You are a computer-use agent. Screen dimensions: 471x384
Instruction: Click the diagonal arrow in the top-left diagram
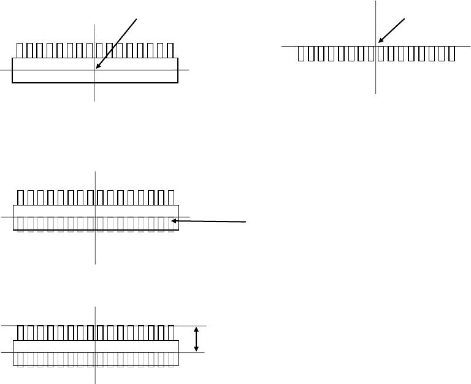(x=117, y=44)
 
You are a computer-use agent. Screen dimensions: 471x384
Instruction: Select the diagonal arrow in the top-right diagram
(x=392, y=31)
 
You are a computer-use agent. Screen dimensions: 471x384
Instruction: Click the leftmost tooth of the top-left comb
(x=20, y=50)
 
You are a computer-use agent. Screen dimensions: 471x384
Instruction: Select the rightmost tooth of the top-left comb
(x=169, y=50)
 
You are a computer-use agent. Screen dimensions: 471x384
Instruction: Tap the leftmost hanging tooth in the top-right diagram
(x=301, y=53)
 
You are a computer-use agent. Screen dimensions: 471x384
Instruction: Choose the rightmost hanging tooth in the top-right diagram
(x=451, y=53)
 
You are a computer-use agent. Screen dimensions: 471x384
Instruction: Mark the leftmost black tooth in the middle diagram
(x=21, y=198)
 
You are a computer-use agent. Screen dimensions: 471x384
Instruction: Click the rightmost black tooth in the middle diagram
(x=170, y=198)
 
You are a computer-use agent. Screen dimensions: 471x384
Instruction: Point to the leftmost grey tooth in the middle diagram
(x=21, y=224)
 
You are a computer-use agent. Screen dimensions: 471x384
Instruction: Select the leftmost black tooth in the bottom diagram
(x=21, y=333)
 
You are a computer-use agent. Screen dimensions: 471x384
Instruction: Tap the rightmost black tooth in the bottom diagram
(x=170, y=333)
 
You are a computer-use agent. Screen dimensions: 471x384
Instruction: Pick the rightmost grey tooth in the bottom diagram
(x=170, y=359)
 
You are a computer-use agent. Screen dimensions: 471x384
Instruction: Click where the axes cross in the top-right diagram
(x=375, y=45)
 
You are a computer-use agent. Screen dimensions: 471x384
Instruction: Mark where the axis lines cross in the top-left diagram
(x=94, y=70)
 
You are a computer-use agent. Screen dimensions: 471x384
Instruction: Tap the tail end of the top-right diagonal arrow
(x=405, y=18)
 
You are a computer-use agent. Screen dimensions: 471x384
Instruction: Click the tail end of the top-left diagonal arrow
(x=137, y=18)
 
